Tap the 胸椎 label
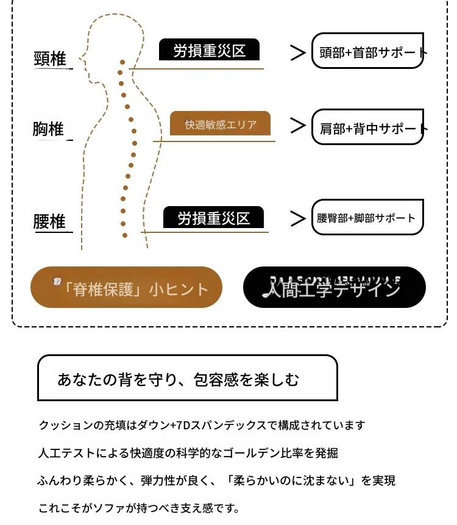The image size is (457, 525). [48, 129]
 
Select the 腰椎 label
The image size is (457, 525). [49, 221]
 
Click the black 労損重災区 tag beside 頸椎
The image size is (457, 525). [209, 50]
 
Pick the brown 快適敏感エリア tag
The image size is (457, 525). [220, 124]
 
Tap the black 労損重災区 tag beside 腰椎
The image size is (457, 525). [214, 218]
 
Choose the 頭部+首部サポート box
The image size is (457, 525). [367, 51]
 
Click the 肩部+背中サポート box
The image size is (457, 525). [367, 128]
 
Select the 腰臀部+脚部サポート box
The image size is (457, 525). [367, 218]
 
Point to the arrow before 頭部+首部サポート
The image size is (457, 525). [297, 53]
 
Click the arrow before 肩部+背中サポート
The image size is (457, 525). [297, 126]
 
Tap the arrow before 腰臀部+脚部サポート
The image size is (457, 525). [297, 218]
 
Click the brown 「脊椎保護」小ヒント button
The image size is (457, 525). [126, 288]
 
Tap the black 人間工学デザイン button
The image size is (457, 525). [334, 287]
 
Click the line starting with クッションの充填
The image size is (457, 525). [201, 424]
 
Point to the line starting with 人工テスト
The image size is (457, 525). [188, 453]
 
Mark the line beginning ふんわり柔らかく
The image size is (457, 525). [216, 480]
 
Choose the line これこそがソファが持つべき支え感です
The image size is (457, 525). [138, 507]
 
